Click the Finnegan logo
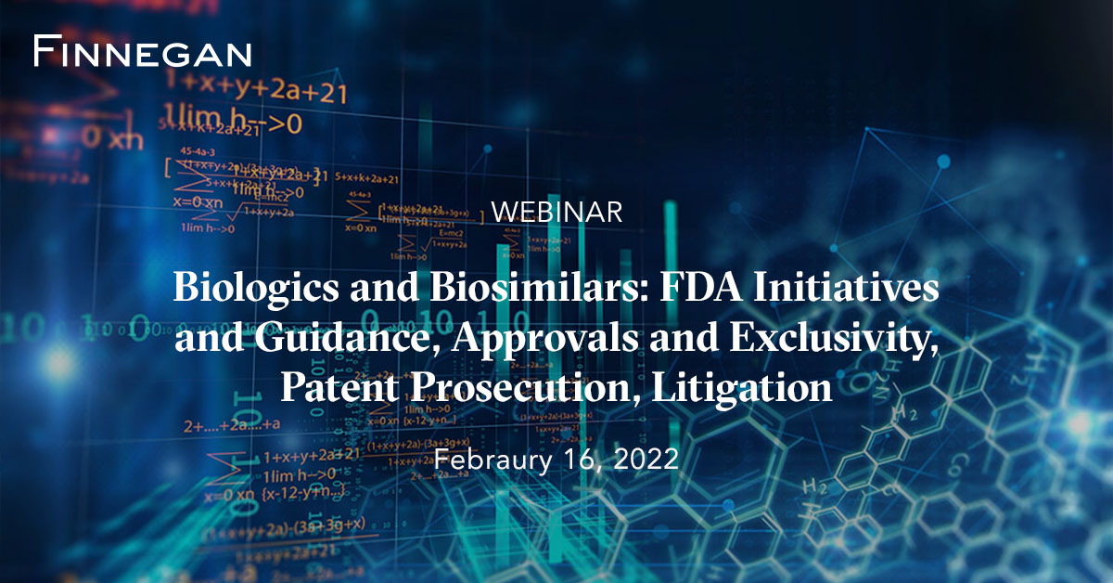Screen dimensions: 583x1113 coord(142,52)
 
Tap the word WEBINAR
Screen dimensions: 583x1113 coord(556,212)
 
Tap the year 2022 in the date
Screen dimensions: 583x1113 coord(646,459)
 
